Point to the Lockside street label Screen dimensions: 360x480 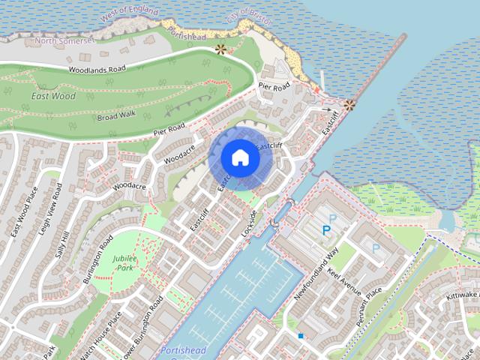(249, 224)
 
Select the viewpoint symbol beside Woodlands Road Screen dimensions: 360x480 (220, 49)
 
